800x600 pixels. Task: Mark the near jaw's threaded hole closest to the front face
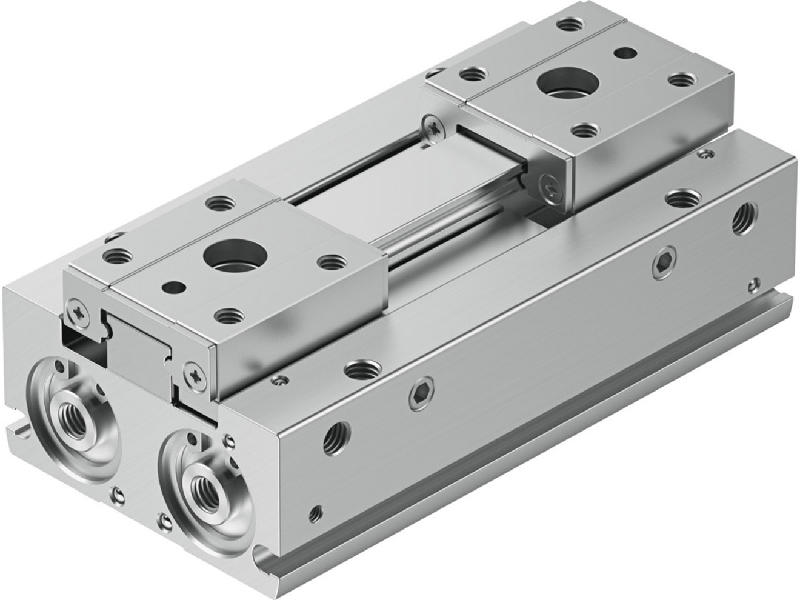(230, 315)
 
